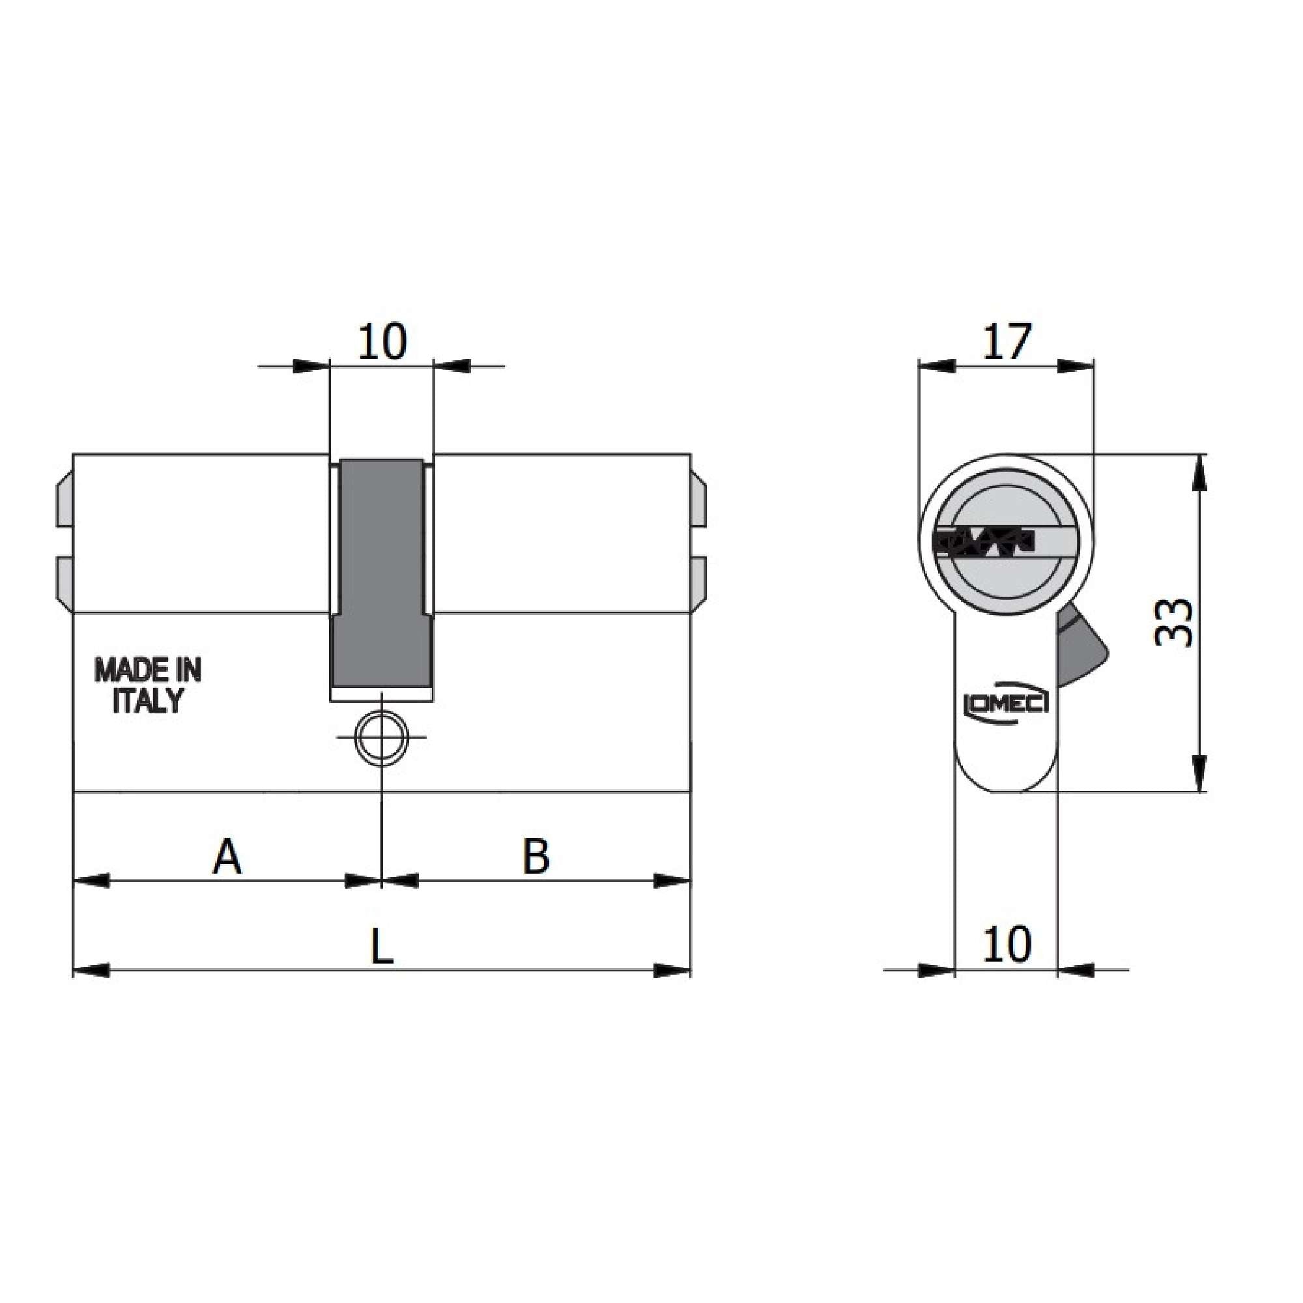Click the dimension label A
227,857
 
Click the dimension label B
536,857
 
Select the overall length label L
382,948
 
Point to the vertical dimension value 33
1173,622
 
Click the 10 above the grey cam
382,342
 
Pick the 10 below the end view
1007,944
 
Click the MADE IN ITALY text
148,685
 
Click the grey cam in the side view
380,573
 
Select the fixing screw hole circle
382,737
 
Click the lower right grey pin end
698,582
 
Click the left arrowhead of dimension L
91,971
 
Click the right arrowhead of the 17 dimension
1075,366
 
